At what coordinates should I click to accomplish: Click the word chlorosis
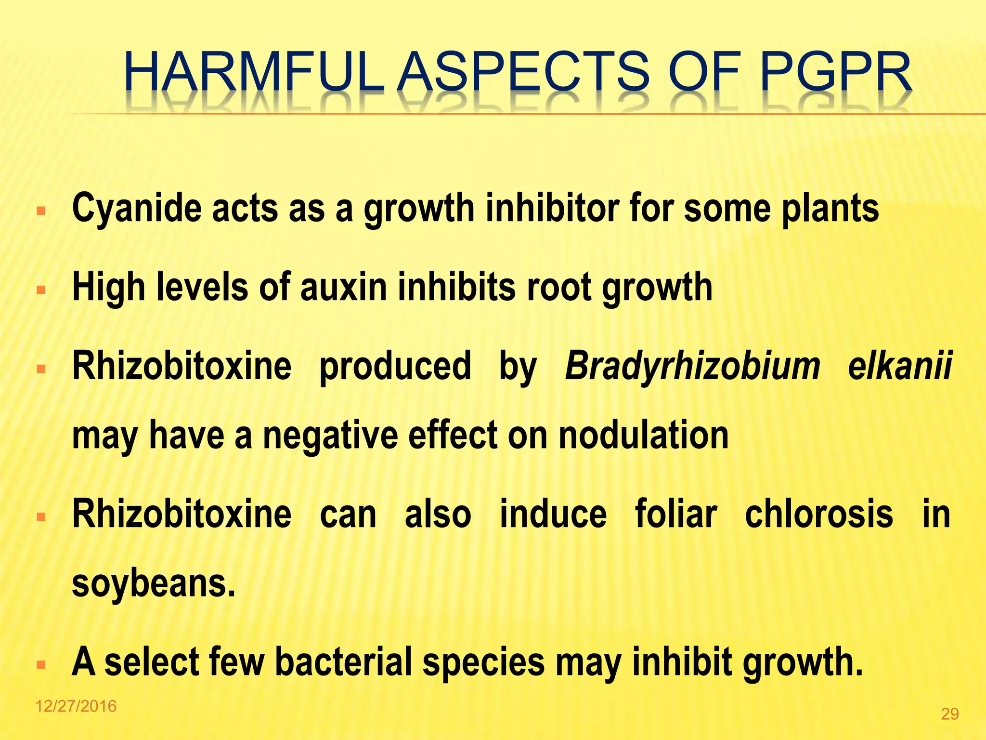[x=819, y=515]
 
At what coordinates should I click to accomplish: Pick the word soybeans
[x=154, y=583]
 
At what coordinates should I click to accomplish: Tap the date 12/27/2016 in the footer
[x=76, y=706]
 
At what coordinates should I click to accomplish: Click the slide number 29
[x=949, y=714]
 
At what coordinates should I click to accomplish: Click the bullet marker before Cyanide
[x=41, y=211]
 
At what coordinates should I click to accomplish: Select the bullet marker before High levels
[x=41, y=291]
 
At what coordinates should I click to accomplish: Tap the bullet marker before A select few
[x=41, y=665]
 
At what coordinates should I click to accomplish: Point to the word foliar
[x=676, y=515]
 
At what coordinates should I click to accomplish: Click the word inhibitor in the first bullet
[x=552, y=208]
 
